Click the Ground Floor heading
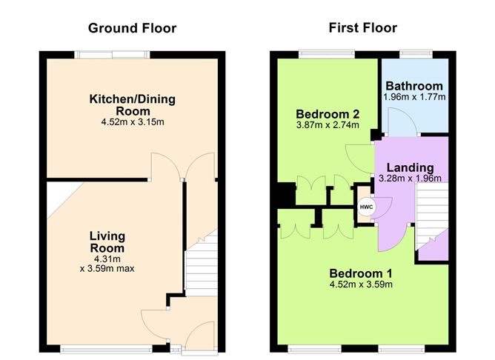pyautogui.click(x=132, y=28)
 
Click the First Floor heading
pyautogui.click(x=362, y=28)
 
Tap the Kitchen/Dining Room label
pyautogui.click(x=133, y=105)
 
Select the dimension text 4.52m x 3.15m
pyautogui.click(x=133, y=121)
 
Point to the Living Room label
pyautogui.click(x=107, y=242)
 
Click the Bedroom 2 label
pyautogui.click(x=328, y=114)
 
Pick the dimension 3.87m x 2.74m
pyautogui.click(x=328, y=125)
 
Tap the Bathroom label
pyautogui.click(x=413, y=86)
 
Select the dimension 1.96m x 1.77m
pyautogui.click(x=413, y=97)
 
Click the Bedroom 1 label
pyautogui.click(x=360, y=272)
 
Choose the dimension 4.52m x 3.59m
pyautogui.click(x=360, y=284)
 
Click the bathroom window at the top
pyautogui.click(x=415, y=54)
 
